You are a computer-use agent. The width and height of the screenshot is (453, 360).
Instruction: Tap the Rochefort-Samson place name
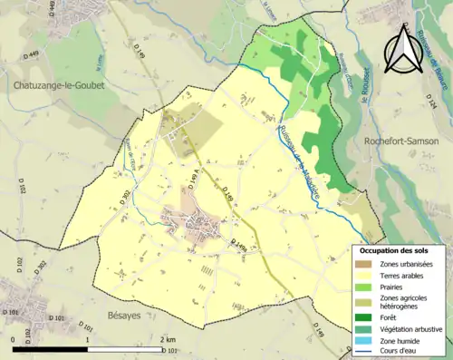(x=400, y=141)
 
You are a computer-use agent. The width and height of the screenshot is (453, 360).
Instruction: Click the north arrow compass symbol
(x=401, y=50)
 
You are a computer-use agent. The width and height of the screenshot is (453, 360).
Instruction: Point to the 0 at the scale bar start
(x=14, y=339)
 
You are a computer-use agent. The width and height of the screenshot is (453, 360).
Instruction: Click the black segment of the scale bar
(x=50, y=348)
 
